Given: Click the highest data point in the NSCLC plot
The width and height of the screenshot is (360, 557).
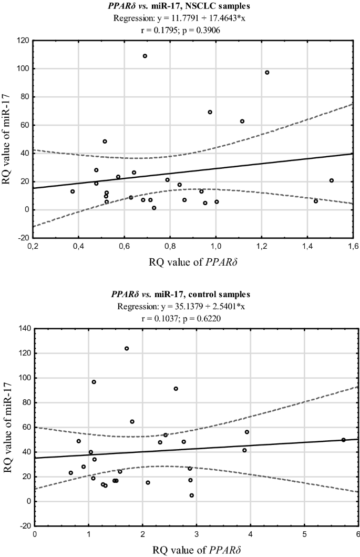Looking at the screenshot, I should [145, 56].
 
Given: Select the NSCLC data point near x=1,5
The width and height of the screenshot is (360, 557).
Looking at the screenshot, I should [332, 180].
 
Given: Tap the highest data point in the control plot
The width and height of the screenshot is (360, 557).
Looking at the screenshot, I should [127, 349].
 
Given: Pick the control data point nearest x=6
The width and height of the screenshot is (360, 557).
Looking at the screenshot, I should [343, 440].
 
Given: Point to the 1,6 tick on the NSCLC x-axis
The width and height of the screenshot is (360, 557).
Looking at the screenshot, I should [352, 247].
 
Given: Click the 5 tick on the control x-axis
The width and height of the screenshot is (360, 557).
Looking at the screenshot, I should [304, 535].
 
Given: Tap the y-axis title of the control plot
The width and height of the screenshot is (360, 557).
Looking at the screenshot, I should [8, 427].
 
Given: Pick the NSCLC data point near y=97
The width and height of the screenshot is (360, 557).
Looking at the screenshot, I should [267, 73].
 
